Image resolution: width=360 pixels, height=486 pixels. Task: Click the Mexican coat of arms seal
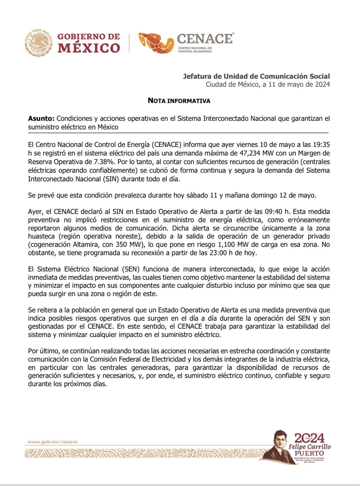point(39,43)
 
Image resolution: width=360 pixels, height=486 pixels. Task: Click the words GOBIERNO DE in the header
point(88,37)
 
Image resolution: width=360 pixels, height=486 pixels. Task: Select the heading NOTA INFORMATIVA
point(179,101)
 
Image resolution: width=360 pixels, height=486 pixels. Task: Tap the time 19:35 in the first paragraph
point(321,145)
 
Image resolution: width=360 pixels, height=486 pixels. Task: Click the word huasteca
point(42,236)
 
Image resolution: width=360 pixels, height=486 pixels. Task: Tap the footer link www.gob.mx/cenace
point(52,442)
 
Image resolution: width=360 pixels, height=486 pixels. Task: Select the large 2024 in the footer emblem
point(309,438)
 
